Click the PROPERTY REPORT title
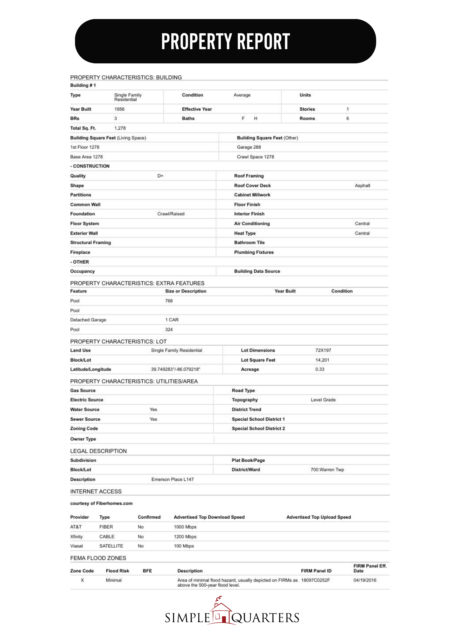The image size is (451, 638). (225, 41)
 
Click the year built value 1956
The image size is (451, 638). (119, 109)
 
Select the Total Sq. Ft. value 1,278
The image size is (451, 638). (120, 128)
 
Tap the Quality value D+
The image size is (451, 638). (160, 176)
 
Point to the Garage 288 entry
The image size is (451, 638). (249, 147)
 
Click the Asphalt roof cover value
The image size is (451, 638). (362, 186)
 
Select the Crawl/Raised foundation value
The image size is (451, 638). (171, 214)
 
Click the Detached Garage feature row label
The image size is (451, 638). (88, 320)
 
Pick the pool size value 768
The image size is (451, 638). (169, 301)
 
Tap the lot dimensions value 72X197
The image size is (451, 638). (323, 350)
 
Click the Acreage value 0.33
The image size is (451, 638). (320, 369)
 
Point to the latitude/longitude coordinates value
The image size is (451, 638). (176, 369)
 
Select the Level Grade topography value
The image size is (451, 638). (323, 400)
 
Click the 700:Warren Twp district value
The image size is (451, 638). (327, 470)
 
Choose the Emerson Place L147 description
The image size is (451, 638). (172, 479)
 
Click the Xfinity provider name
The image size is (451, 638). (76, 537)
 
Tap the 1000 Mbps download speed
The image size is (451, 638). (185, 527)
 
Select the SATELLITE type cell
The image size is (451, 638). (111, 546)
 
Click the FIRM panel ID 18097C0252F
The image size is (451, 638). (315, 580)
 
